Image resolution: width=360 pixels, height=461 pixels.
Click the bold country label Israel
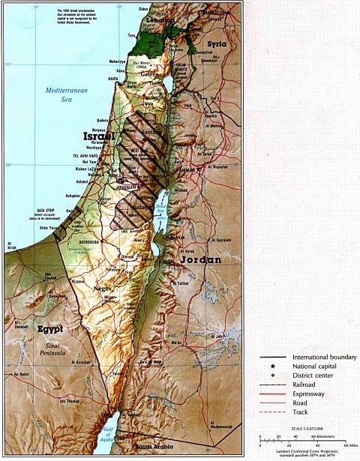tap(99, 137)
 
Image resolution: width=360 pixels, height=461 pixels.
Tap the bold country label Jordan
tap(201, 259)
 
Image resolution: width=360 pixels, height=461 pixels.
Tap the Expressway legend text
tap(310, 394)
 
